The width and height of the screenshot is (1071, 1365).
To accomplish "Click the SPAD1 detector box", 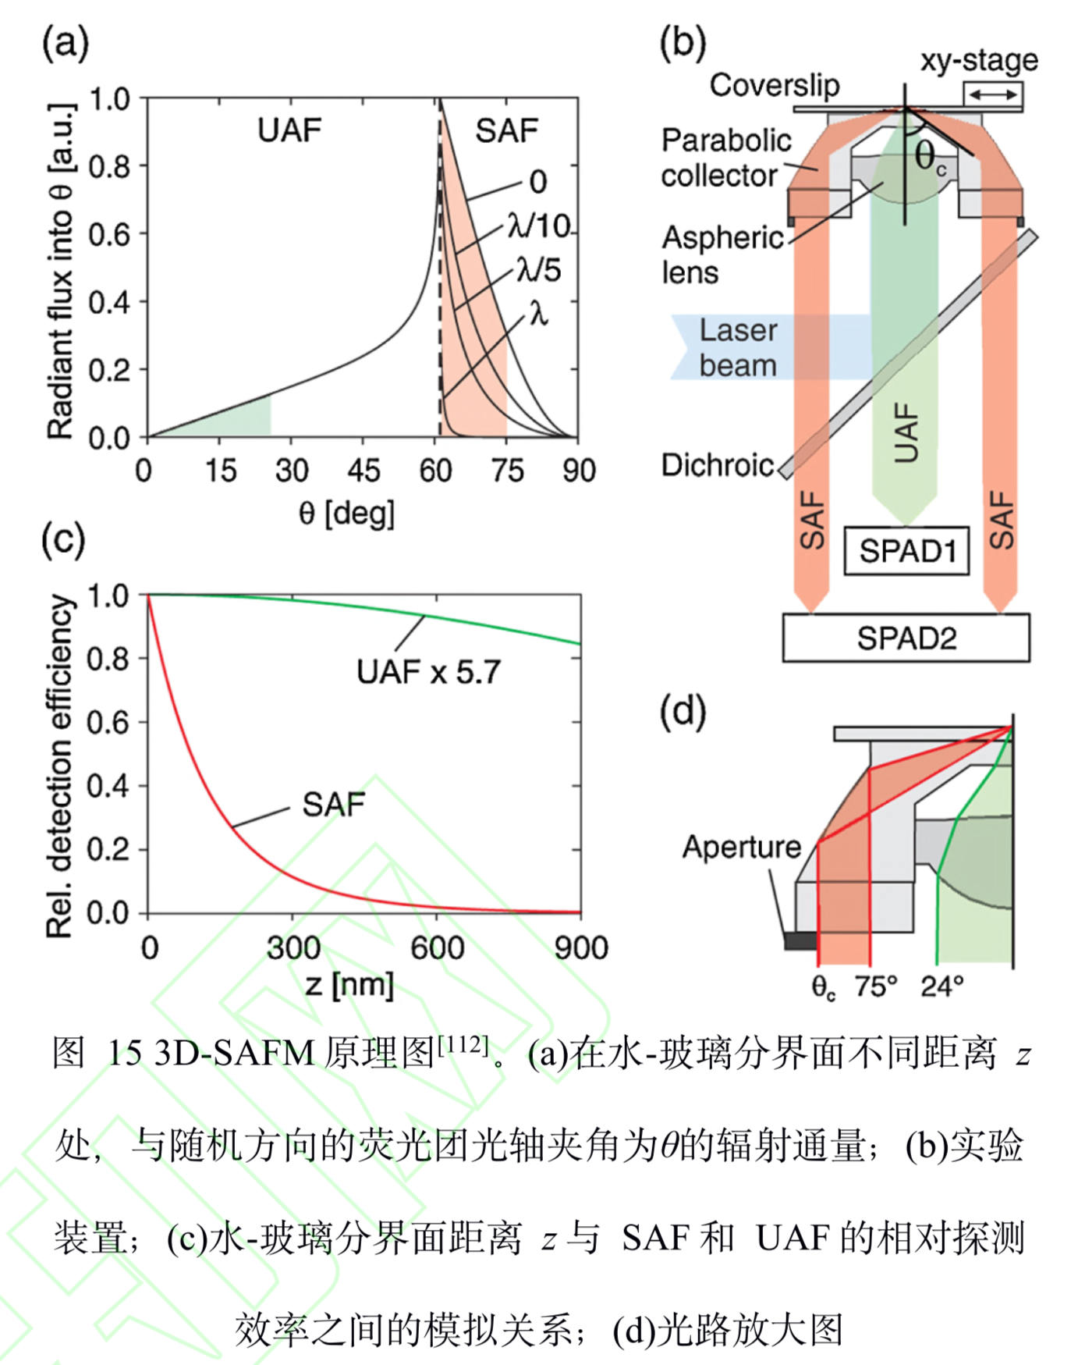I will tap(906, 552).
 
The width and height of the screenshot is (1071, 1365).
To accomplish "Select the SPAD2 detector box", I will tap(906, 638).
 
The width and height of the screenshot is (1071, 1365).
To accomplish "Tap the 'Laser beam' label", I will tap(737, 347).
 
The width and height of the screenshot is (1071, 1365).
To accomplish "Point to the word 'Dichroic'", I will tap(717, 465).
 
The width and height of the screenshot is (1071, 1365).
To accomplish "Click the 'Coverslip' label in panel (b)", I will tap(774, 85).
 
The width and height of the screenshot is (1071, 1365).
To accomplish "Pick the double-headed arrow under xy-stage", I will tap(992, 94).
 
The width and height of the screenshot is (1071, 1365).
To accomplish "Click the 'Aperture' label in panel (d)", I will tap(741, 847).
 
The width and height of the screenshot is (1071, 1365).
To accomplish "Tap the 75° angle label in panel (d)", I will tap(875, 986).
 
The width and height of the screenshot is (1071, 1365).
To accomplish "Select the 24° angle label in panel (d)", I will tap(942, 986).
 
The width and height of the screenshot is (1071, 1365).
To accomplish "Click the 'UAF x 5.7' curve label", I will tap(428, 672).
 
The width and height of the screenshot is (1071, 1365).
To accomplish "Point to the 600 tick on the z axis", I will tap(437, 947).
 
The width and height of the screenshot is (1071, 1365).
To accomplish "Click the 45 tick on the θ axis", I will tap(364, 471).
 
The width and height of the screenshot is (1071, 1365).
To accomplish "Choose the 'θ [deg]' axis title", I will tap(346, 514).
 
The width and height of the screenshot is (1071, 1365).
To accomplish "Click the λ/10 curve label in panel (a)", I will tap(539, 226).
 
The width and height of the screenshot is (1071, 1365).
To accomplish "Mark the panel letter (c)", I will tap(63, 539).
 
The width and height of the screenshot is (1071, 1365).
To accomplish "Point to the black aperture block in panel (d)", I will tap(800, 940).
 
